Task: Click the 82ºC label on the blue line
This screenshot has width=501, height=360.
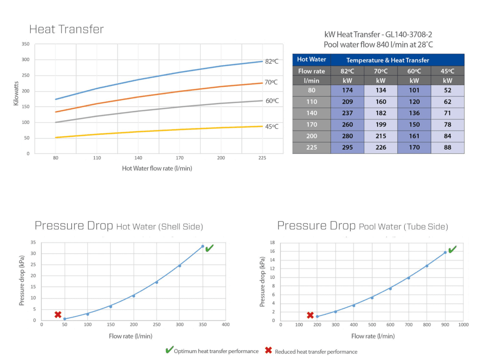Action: click(271, 61)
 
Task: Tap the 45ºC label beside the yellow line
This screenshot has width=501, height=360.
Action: click(271, 127)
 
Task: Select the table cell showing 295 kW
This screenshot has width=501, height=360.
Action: click(347, 147)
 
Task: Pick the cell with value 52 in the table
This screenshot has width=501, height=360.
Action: click(447, 90)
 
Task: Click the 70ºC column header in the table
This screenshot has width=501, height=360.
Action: click(380, 71)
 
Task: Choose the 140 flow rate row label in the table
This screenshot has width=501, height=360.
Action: click(312, 113)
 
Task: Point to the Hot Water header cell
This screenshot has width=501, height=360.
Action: click(312, 60)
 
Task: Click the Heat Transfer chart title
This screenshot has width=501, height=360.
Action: click(67, 30)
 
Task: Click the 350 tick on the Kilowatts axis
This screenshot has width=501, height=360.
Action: click(25, 44)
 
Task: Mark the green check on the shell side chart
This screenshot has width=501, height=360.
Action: click(209, 248)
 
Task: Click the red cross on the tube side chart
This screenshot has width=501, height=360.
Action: click(310, 315)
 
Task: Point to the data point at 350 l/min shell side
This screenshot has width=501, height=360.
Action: click(202, 246)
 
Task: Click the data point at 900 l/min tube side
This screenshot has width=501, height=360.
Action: click(445, 252)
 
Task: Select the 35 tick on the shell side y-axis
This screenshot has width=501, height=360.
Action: click(33, 242)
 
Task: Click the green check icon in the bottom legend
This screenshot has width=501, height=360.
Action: click(169, 350)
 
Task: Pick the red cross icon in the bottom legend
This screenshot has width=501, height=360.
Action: click(269, 350)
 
